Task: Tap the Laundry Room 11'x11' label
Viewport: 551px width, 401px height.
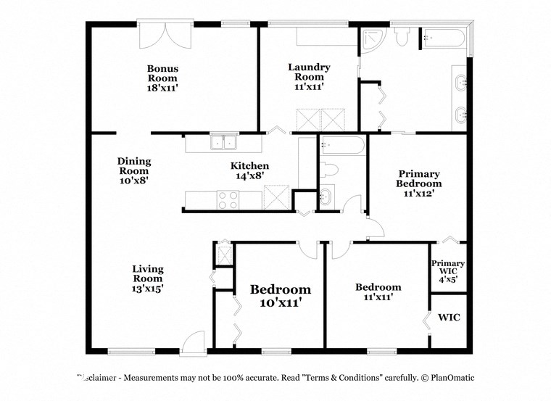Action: (310, 76)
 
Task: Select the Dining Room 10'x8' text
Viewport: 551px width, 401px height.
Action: (134, 170)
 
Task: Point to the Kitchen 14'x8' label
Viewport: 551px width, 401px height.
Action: (249, 170)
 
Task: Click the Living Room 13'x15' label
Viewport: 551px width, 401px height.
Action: (147, 278)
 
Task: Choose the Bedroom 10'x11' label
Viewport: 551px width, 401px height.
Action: (281, 296)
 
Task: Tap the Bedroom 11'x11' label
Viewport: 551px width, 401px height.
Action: (378, 292)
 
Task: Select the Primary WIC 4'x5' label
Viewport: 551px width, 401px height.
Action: (448, 270)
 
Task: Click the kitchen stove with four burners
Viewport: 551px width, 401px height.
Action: (229, 199)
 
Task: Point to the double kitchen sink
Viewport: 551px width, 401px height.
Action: (223, 142)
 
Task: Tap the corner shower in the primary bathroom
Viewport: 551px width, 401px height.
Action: (373, 41)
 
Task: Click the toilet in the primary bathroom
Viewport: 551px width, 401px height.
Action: (403, 36)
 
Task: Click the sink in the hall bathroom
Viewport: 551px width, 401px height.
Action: (327, 196)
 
